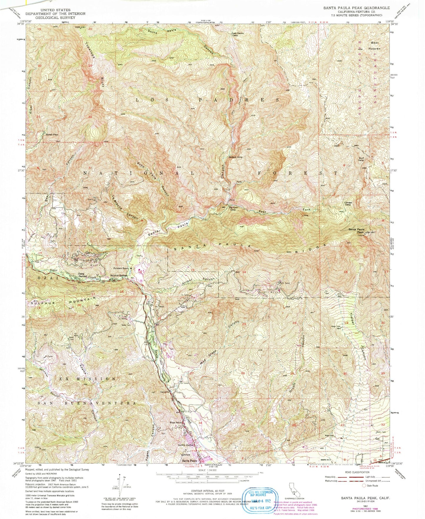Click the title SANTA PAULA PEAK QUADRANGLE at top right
(356, 8)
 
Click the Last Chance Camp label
(238, 34)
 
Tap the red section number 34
(200, 423)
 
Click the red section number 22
(193, 323)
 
